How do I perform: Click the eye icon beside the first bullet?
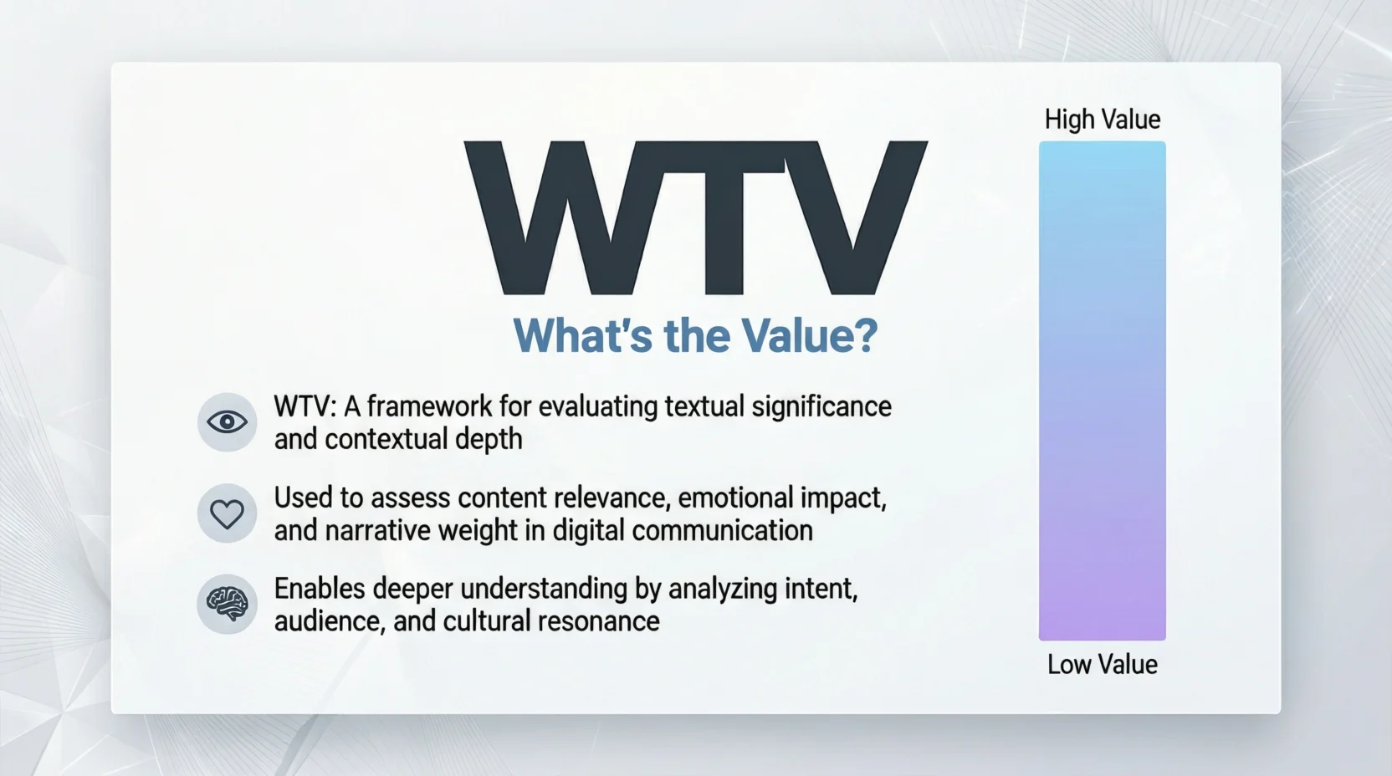click(x=227, y=422)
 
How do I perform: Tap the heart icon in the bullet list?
click(x=227, y=513)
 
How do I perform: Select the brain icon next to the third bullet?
click(x=227, y=604)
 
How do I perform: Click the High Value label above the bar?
click(x=1102, y=120)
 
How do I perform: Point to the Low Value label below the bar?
click(x=1102, y=665)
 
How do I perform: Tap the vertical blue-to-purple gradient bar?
click(x=1102, y=391)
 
